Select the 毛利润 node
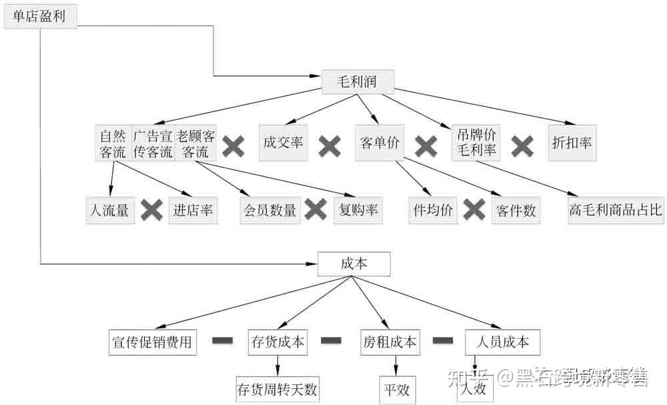[358, 81]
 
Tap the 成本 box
[354, 264]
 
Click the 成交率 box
[283, 142]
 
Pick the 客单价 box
[379, 142]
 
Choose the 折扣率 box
[572, 142]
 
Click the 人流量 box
[110, 211]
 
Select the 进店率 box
[193, 211]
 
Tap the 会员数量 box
[269, 211]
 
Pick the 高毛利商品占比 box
[616, 211]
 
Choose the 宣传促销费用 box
[152, 342]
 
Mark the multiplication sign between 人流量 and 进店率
[152, 211]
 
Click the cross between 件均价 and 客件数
[474, 211]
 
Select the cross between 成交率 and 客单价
[329, 145]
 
